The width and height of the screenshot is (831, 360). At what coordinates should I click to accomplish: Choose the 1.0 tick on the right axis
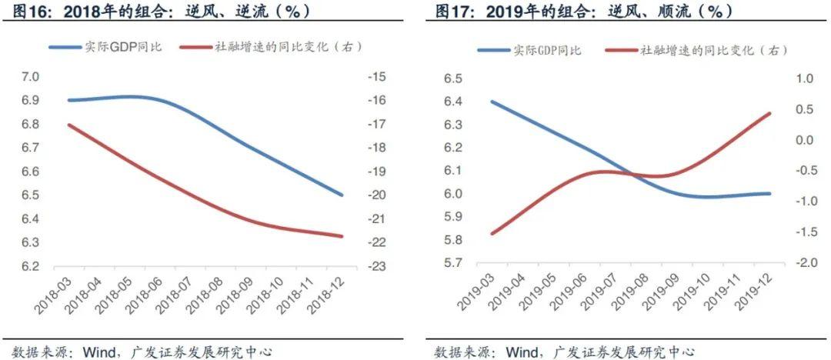coord(803,78)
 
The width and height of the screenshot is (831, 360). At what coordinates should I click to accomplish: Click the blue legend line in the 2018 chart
coord(65,47)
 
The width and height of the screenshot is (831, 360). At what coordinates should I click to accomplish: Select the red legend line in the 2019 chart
coord(620,50)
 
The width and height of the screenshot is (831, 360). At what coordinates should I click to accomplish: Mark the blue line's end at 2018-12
coord(342,195)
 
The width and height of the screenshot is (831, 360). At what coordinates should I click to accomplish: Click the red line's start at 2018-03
coord(69,124)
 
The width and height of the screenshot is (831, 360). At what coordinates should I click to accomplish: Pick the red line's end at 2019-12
coord(770,113)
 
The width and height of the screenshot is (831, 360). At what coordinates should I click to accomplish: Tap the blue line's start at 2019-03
coord(490,101)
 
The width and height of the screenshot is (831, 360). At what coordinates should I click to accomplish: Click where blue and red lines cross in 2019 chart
coord(625,174)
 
